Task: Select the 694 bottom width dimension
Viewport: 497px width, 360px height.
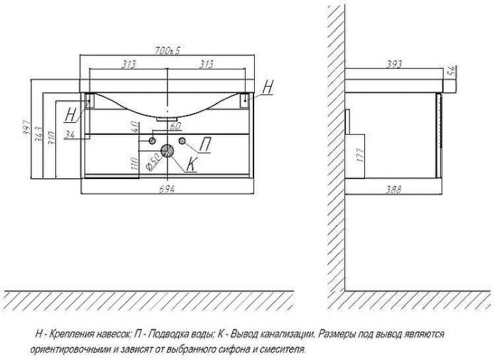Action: click(x=168, y=188)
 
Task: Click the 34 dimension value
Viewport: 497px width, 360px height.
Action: click(x=68, y=135)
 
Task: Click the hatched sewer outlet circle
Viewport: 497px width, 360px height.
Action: click(x=168, y=151)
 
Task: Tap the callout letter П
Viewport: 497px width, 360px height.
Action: click(x=204, y=146)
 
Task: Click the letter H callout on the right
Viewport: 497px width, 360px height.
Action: click(x=266, y=87)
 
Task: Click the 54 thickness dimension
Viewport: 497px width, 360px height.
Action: click(x=451, y=71)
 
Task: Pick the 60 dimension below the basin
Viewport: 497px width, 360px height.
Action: click(x=175, y=126)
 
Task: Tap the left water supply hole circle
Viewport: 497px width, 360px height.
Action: click(x=152, y=142)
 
